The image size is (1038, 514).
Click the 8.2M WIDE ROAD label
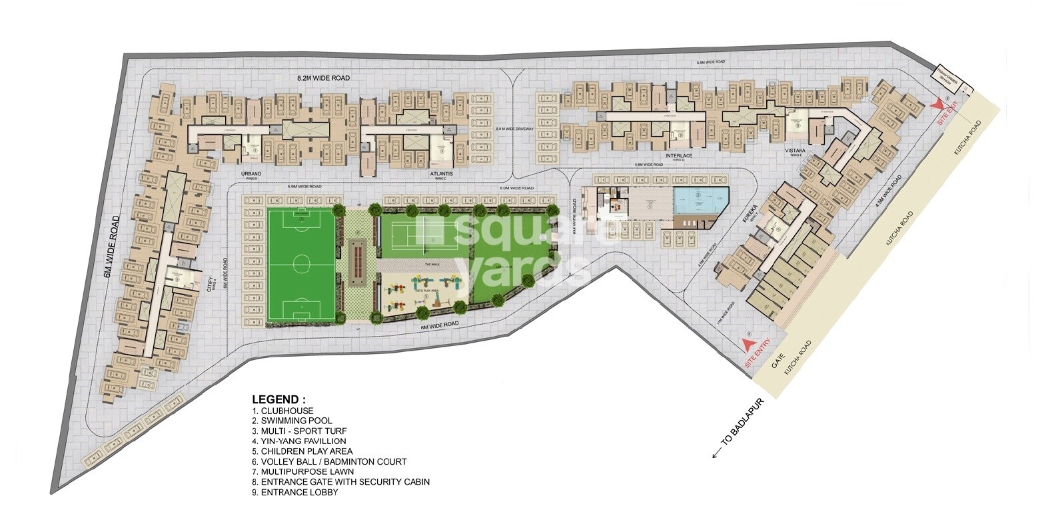tap(323, 78)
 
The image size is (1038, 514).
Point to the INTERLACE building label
tap(679, 156)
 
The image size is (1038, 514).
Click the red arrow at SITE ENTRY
tap(749, 345)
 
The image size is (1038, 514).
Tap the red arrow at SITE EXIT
tap(938, 105)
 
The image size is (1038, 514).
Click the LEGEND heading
tap(278, 399)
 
